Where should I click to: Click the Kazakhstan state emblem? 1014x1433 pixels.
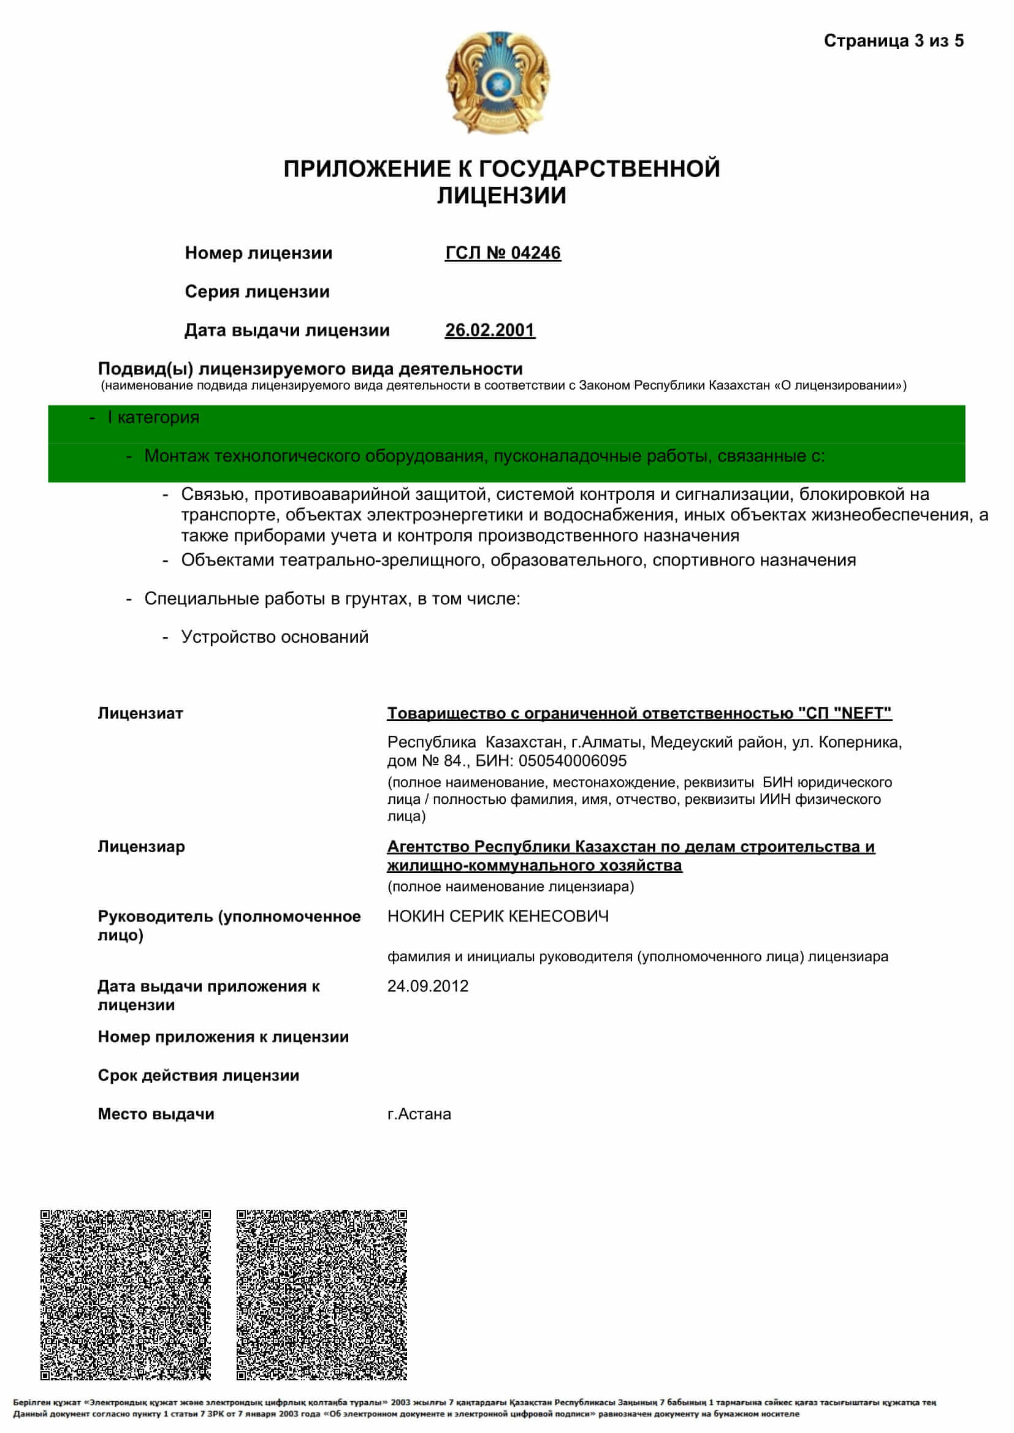(498, 81)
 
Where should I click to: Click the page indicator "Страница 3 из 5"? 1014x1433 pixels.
(893, 41)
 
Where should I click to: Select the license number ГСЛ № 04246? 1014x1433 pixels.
(503, 253)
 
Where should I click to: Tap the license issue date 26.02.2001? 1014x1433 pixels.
(489, 330)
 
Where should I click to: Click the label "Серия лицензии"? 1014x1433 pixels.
(257, 292)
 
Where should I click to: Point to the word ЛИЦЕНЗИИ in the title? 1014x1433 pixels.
(501, 196)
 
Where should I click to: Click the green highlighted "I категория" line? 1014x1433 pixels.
(153, 418)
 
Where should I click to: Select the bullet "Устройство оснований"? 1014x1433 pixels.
(274, 637)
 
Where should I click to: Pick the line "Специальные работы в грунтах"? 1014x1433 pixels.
(332, 599)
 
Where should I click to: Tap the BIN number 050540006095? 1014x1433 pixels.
(572, 761)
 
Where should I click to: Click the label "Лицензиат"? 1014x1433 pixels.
(140, 713)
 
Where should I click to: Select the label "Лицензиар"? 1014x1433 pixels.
(141, 847)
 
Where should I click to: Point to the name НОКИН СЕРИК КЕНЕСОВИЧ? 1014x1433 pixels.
(498, 916)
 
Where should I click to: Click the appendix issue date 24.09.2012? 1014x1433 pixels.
(428, 986)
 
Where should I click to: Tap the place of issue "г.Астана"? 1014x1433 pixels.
(419, 1114)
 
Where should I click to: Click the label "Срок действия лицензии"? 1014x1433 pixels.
(199, 1075)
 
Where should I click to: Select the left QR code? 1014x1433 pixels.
(126, 1295)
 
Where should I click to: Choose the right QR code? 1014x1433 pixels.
(322, 1295)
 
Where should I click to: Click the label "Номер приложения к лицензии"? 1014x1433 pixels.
(223, 1037)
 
